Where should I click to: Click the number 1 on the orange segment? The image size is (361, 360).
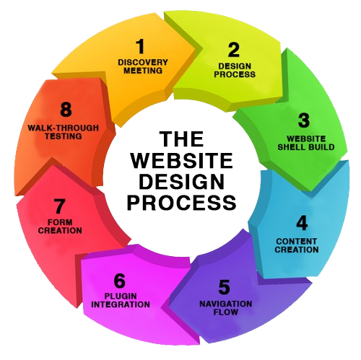[x=140, y=47]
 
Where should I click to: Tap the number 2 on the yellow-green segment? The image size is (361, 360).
[x=233, y=50]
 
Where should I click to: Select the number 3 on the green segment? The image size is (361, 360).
[x=303, y=120]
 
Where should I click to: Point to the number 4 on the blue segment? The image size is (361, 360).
[x=302, y=223]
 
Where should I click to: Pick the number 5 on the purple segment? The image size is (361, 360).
[x=224, y=287]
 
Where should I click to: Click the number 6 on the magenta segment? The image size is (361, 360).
[x=120, y=281]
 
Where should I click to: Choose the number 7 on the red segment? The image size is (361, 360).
[x=59, y=206]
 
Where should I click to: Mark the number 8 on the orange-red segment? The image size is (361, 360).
[x=66, y=110]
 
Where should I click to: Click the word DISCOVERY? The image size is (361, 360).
[x=143, y=62]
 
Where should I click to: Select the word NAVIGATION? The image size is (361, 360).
[x=226, y=304]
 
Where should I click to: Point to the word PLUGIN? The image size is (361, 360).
[x=121, y=296]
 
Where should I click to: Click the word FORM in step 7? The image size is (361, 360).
[x=60, y=222]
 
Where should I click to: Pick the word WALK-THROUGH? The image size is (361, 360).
[x=64, y=128]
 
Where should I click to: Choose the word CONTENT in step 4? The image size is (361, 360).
[x=297, y=241]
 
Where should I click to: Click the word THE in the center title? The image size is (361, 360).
[x=183, y=139]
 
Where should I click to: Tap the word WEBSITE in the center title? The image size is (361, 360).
[x=182, y=160]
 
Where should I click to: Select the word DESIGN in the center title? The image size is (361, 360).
[x=182, y=181]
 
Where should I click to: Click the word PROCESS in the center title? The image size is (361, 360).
[x=182, y=203]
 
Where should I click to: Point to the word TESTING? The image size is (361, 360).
[x=64, y=136]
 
